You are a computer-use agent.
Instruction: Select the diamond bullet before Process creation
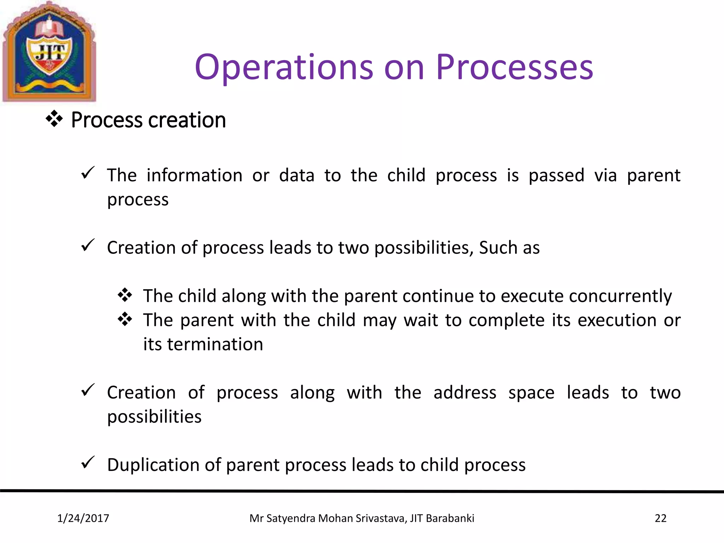[x=54, y=119]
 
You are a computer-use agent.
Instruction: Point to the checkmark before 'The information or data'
[x=87, y=173]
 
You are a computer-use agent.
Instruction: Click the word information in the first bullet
[x=194, y=175]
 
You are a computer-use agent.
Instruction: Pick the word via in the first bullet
[x=605, y=175]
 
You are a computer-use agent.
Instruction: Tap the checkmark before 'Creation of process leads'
[x=87, y=245]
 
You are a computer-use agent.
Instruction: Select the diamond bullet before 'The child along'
[x=125, y=295]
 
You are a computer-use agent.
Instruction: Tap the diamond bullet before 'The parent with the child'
[x=125, y=319]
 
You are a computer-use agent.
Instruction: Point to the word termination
[x=215, y=344]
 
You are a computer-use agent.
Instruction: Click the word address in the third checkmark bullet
[x=465, y=393]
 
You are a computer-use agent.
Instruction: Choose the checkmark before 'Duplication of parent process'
[x=87, y=462]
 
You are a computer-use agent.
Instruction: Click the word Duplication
[x=153, y=465]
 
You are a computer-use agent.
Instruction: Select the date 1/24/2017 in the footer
[x=83, y=518]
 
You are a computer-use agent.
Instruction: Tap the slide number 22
[x=660, y=518]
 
